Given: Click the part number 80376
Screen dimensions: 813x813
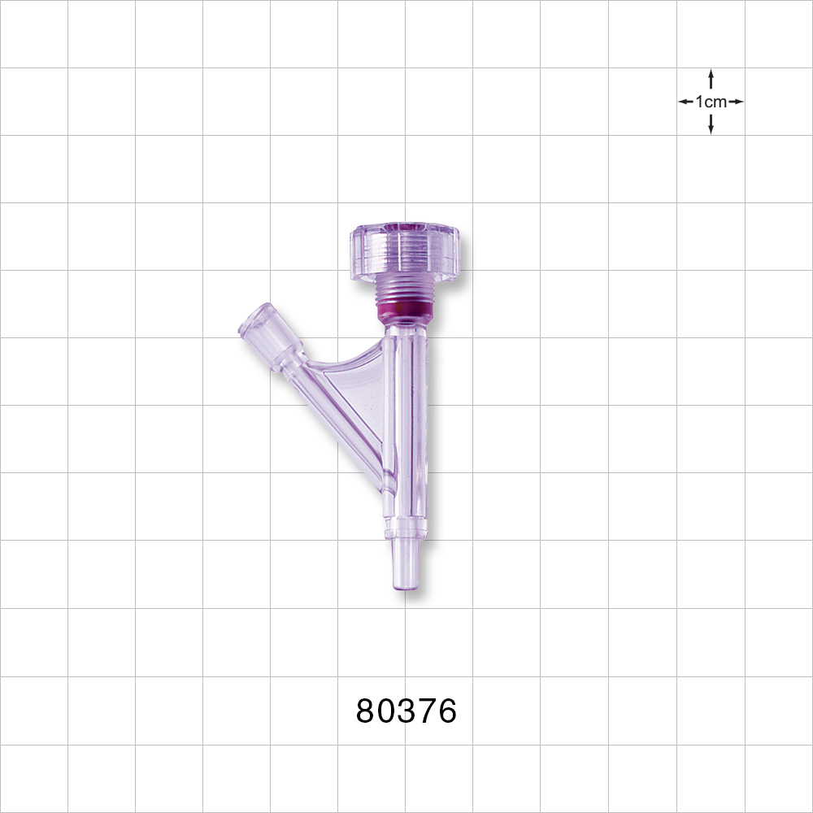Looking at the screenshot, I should pyautogui.click(x=406, y=711).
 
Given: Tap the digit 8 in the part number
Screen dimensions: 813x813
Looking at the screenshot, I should pyautogui.click(x=367, y=711).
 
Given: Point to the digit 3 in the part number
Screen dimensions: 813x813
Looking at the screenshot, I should pyautogui.click(x=406, y=711).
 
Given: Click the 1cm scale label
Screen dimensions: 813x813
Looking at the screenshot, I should pyautogui.click(x=711, y=102).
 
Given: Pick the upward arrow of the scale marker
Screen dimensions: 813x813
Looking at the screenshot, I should pyautogui.click(x=711, y=77).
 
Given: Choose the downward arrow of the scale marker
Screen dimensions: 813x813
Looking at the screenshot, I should pyautogui.click(x=711, y=126).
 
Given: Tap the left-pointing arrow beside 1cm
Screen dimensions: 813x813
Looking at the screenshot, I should pyautogui.click(x=685, y=102).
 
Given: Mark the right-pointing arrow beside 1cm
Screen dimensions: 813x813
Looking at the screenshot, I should pyautogui.click(x=737, y=102).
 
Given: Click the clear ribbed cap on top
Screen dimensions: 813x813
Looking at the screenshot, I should pyautogui.click(x=405, y=252).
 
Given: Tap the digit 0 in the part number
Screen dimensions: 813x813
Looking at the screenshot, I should pyautogui.click(x=387, y=711).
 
